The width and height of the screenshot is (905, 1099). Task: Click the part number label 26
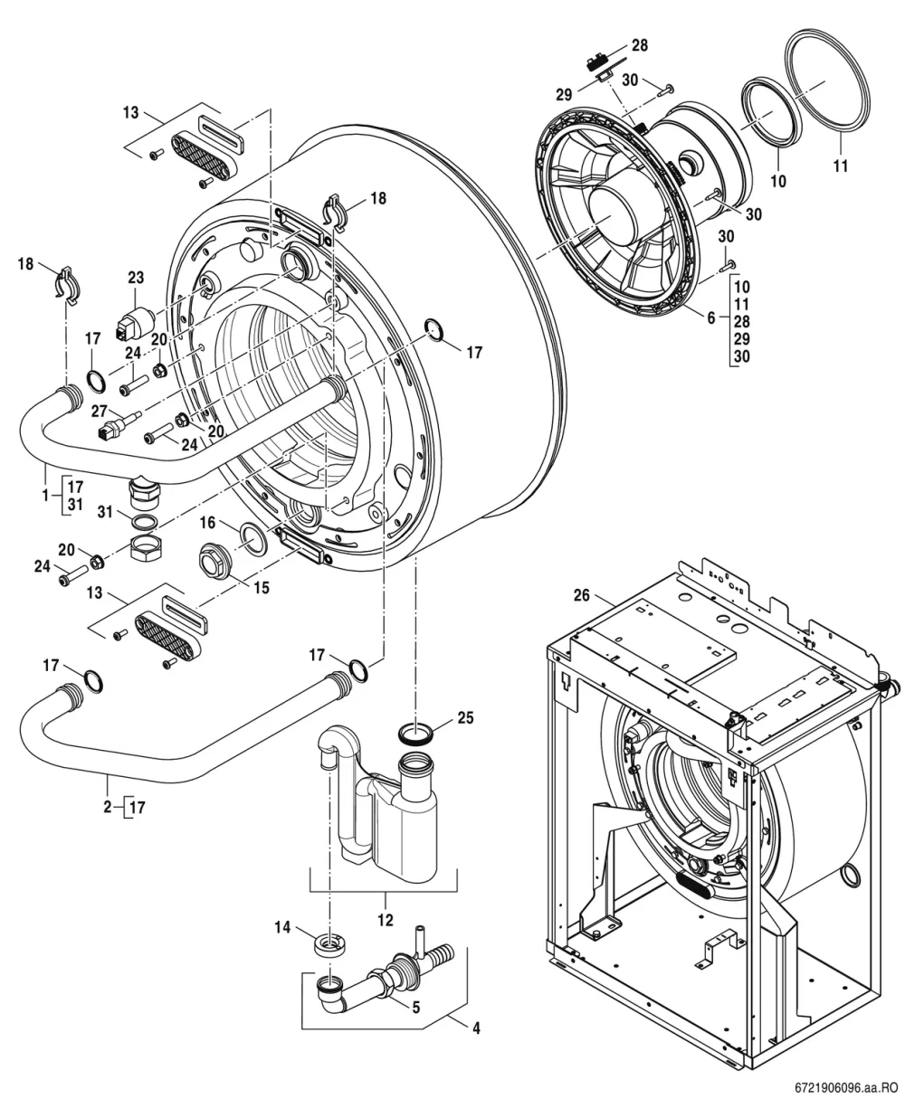pos(581,594)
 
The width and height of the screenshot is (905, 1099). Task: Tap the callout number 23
pos(136,278)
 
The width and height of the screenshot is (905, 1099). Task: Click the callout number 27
pos(100,412)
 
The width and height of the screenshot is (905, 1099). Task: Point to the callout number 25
pos(465,718)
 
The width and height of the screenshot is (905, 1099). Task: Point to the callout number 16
pos(207,523)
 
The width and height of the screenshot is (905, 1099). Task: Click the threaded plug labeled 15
pos(216,560)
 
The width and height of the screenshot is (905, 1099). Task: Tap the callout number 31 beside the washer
pos(106,512)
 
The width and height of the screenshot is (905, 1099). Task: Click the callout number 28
pos(639,45)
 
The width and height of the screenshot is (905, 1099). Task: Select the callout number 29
pos(564,94)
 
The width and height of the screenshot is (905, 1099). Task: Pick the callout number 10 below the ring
pos(777,181)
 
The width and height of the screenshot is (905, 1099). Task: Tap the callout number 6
pos(711,318)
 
